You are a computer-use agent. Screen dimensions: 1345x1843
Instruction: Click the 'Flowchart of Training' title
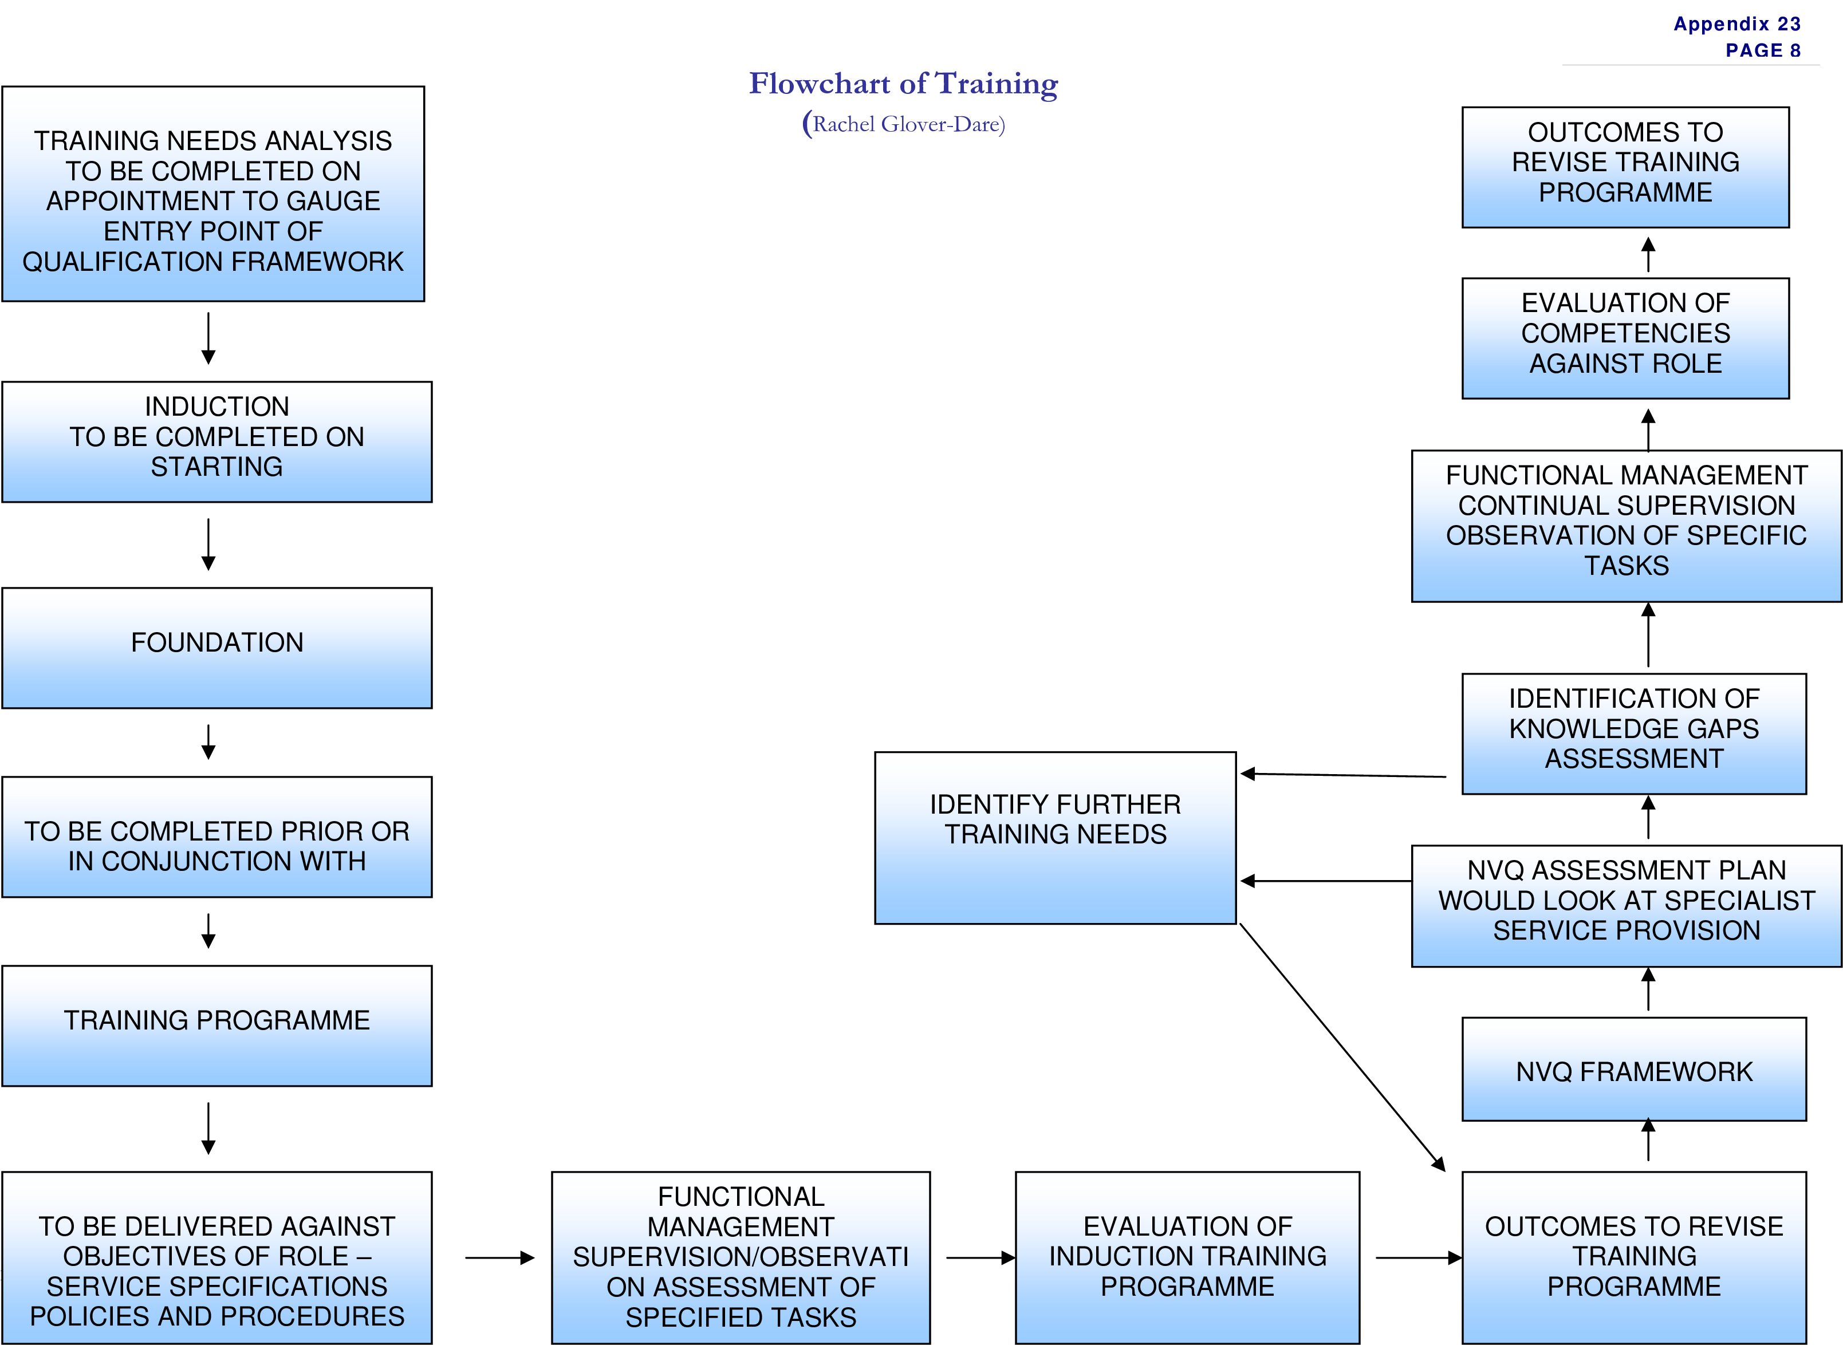click(x=903, y=84)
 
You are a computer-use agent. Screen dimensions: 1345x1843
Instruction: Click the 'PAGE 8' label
click(x=1762, y=50)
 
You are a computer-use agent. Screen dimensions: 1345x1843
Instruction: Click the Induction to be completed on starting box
click(x=216, y=441)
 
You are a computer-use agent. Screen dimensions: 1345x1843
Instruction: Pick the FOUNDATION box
click(x=216, y=647)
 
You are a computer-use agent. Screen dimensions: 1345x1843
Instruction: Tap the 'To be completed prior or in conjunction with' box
click(x=216, y=837)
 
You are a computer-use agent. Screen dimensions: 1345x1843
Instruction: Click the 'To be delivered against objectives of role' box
click(x=216, y=1258)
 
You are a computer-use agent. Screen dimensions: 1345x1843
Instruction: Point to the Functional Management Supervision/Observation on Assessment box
click(x=741, y=1258)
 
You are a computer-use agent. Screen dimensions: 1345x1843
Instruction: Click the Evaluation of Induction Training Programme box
click(x=1187, y=1258)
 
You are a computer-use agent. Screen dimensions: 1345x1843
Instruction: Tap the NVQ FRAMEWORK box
click(x=1634, y=1069)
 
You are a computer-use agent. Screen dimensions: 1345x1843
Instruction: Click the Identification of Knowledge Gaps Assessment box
click(x=1634, y=733)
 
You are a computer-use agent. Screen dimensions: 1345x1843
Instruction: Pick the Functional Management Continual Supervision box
click(x=1627, y=526)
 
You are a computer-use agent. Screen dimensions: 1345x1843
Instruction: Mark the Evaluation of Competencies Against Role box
click(x=1625, y=338)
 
